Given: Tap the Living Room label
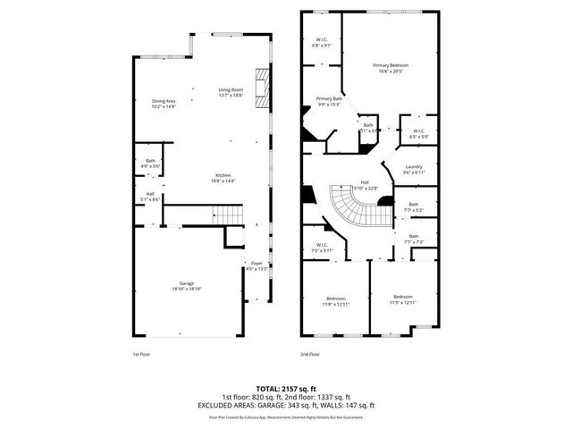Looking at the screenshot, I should click(231, 91).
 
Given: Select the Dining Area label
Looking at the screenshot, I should click(164, 105).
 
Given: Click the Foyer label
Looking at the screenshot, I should click(257, 265).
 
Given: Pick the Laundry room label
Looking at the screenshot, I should click(413, 169).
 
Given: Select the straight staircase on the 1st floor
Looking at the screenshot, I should click(226, 215).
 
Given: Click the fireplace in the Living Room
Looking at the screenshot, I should click(262, 88).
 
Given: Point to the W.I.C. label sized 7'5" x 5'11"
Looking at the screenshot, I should click(322, 248).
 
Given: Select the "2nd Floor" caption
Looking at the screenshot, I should click(310, 354).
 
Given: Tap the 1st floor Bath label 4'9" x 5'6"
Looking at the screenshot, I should click(149, 164).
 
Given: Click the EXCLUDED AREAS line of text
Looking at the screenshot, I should click(286, 405).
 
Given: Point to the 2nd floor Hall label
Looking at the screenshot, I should click(365, 184).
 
